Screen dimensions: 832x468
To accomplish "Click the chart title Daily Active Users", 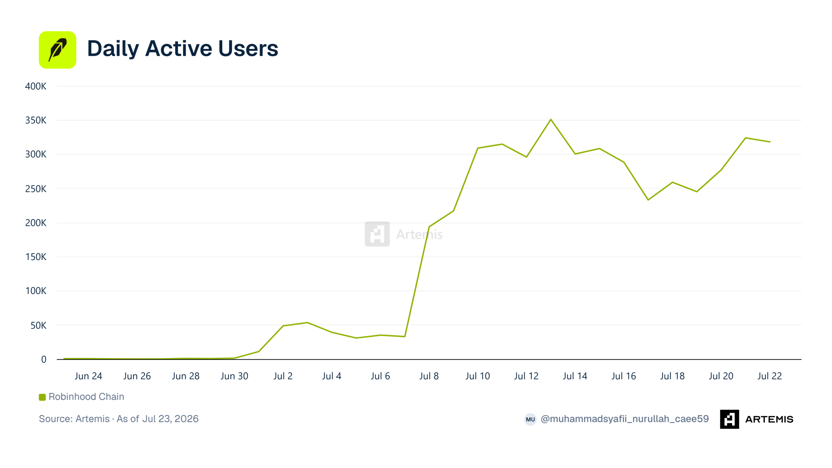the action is [183, 49].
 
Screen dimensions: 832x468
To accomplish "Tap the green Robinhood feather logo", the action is [58, 50].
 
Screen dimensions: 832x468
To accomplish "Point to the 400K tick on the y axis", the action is [36, 86].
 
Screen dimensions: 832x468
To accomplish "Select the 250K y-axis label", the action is [36, 189].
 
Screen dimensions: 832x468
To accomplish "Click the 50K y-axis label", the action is [38, 325].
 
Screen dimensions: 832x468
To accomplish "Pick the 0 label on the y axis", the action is [44, 359].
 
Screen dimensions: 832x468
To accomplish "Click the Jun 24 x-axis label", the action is [88, 376].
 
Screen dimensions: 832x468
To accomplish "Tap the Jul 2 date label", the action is [283, 376].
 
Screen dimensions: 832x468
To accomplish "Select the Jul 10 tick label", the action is [477, 376].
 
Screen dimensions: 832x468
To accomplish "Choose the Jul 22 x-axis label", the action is [770, 376].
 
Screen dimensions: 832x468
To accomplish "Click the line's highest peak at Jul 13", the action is [551, 119].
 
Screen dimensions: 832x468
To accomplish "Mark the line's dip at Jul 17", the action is [648, 200].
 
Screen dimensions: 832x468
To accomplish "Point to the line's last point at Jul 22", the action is [770, 142].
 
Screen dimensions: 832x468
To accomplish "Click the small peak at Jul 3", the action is [307, 322].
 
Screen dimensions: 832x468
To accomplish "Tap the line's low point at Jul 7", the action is [405, 336].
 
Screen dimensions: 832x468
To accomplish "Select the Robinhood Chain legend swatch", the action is [42, 397].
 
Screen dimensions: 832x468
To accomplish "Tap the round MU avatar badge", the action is [530, 419].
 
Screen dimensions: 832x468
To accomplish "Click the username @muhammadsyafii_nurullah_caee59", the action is [625, 419].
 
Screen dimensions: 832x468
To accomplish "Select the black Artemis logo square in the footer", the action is [729, 419].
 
